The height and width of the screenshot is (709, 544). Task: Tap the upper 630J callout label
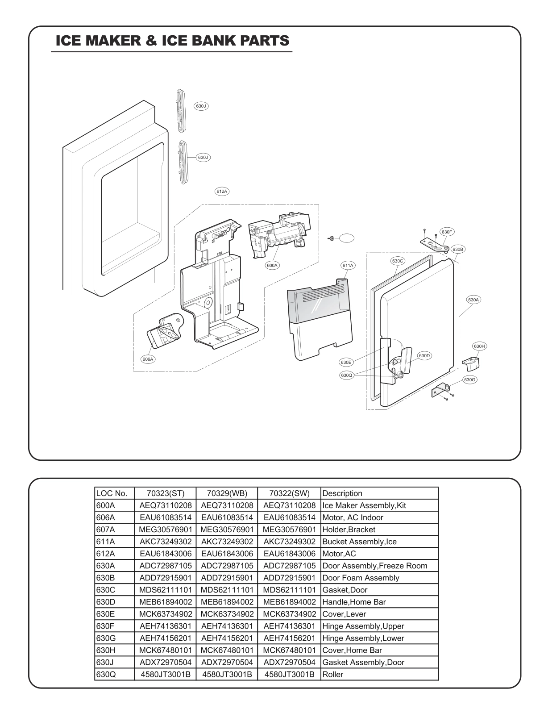coord(201,106)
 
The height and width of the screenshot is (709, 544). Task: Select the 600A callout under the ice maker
coord(272,265)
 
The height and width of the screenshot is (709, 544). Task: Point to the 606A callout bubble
coord(148,359)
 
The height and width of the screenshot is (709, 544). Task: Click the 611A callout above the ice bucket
coord(348,265)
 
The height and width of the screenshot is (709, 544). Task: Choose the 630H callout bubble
coord(479,346)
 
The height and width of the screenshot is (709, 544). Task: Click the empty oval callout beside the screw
coord(346,238)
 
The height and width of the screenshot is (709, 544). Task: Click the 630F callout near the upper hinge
coord(447,232)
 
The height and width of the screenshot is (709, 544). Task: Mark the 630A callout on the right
coord(473,300)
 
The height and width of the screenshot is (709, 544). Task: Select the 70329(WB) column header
coord(227,493)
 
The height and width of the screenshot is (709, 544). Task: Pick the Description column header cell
coord(379,493)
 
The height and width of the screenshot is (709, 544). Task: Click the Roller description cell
coord(379,674)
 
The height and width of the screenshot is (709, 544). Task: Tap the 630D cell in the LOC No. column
coord(114,602)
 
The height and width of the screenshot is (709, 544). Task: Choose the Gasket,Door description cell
coord(379,590)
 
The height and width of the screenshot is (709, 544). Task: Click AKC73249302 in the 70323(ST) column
coord(166,542)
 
